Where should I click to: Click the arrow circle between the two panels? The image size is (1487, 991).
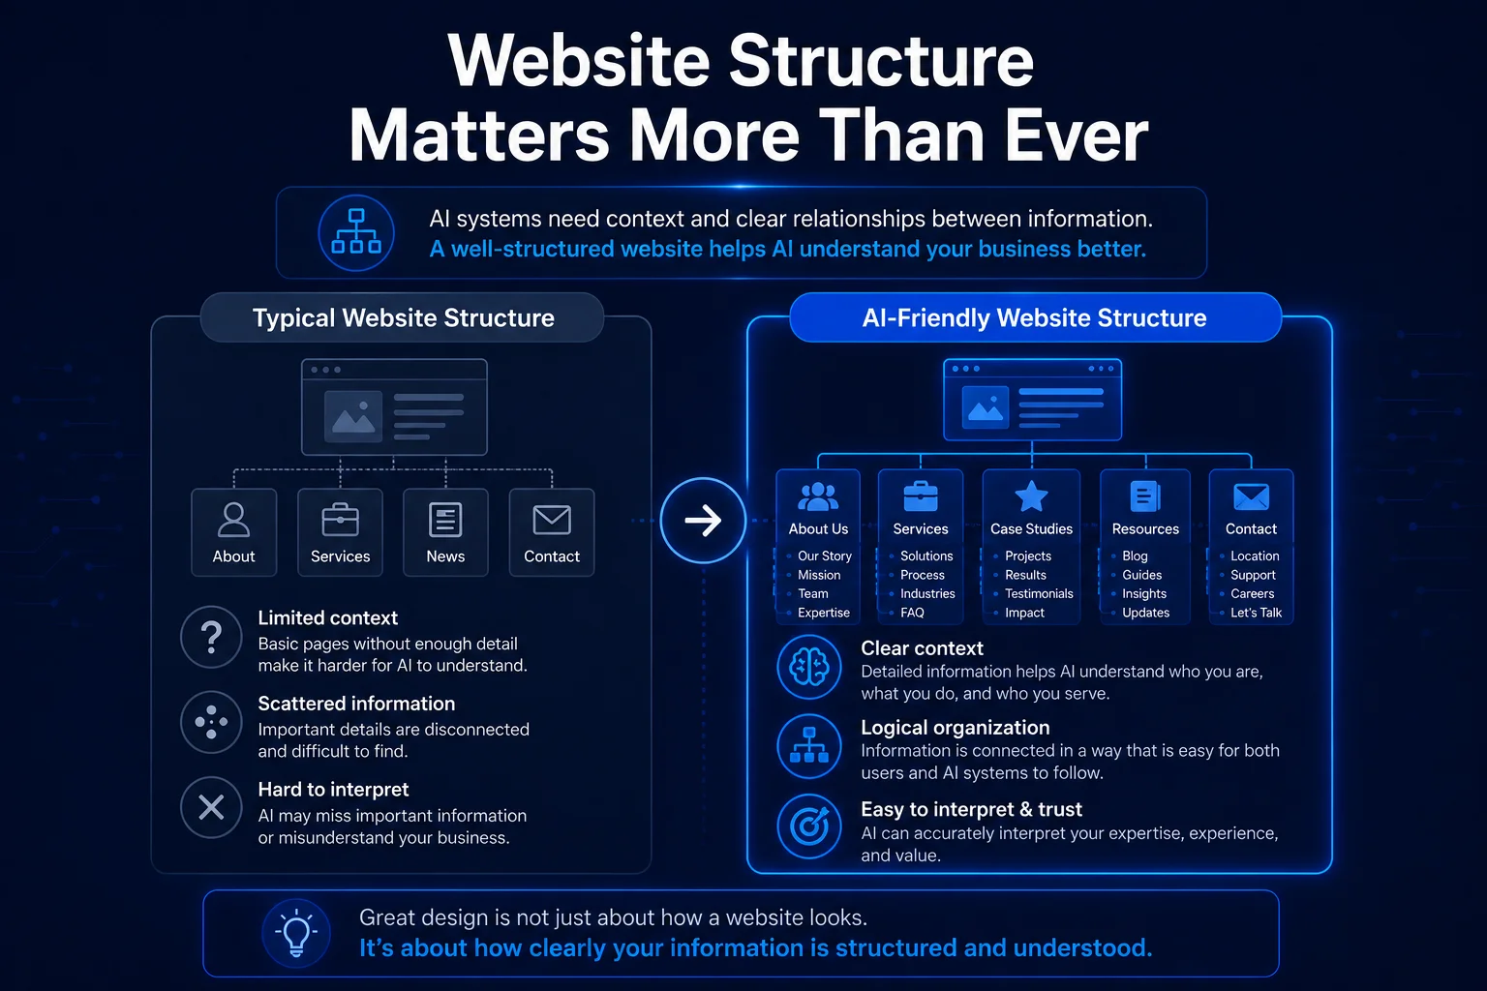703,521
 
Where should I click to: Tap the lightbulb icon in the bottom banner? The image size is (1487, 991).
296,933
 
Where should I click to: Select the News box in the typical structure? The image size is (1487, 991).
445,532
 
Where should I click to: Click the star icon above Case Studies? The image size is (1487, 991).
1031,496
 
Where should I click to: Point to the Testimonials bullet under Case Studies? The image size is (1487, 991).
1038,593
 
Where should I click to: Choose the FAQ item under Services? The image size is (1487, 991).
912,613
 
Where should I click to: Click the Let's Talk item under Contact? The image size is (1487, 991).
1256,613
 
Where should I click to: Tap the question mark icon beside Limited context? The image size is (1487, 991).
211,637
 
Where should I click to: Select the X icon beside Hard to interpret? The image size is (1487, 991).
211,808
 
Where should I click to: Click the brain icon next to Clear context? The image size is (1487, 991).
809,667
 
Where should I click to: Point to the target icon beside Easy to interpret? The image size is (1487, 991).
809,826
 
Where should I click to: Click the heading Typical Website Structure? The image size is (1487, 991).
403,318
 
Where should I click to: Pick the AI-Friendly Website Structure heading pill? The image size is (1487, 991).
1035,317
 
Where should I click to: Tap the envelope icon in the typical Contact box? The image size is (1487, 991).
552,520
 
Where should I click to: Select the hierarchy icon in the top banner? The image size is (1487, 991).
356,232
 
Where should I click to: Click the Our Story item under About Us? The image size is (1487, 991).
824,556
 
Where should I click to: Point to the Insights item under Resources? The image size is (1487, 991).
1143,593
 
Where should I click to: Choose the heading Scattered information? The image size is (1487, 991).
356,704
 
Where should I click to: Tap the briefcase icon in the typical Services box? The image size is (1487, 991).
340,520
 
